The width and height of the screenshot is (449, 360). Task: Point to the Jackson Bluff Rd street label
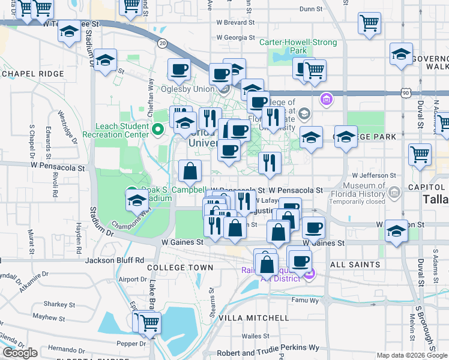[x=114, y=260]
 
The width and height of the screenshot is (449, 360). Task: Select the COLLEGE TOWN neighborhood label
[x=180, y=267]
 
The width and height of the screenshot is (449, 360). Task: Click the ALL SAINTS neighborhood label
[x=355, y=265]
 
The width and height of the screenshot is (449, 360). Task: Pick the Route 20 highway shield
[x=162, y=43]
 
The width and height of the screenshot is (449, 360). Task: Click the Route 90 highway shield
[x=406, y=93]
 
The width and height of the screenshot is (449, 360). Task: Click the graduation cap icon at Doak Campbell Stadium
[x=136, y=200]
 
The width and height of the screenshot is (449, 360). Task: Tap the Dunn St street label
[x=310, y=9]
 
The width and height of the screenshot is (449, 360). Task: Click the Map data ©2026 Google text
[x=412, y=355]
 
